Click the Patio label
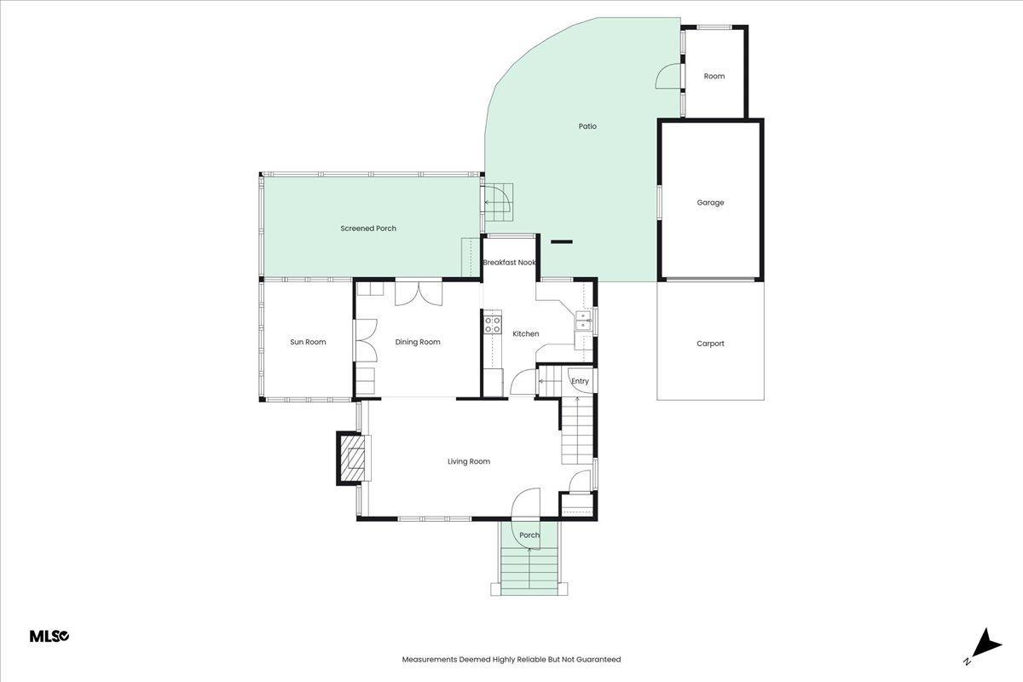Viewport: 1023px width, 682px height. (x=587, y=126)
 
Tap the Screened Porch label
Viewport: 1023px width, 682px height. (x=368, y=228)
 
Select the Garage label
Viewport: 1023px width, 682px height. (x=710, y=202)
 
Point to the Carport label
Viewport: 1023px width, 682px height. (x=710, y=344)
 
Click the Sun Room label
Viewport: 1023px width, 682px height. (x=308, y=342)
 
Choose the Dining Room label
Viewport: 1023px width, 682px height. (x=418, y=342)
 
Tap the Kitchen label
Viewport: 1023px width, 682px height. (x=526, y=334)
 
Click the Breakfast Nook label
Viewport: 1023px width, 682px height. (x=509, y=263)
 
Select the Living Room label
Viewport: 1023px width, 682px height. (x=469, y=461)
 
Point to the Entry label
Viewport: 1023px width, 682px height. (x=580, y=381)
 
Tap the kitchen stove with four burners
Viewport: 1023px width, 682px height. (x=493, y=324)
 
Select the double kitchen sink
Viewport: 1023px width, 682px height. (x=583, y=321)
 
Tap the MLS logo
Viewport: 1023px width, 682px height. (x=49, y=636)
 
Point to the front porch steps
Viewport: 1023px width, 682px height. (x=529, y=572)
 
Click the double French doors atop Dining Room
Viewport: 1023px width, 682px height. (x=419, y=294)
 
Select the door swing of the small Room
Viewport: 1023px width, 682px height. (x=668, y=76)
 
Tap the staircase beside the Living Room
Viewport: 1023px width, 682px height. (x=577, y=431)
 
